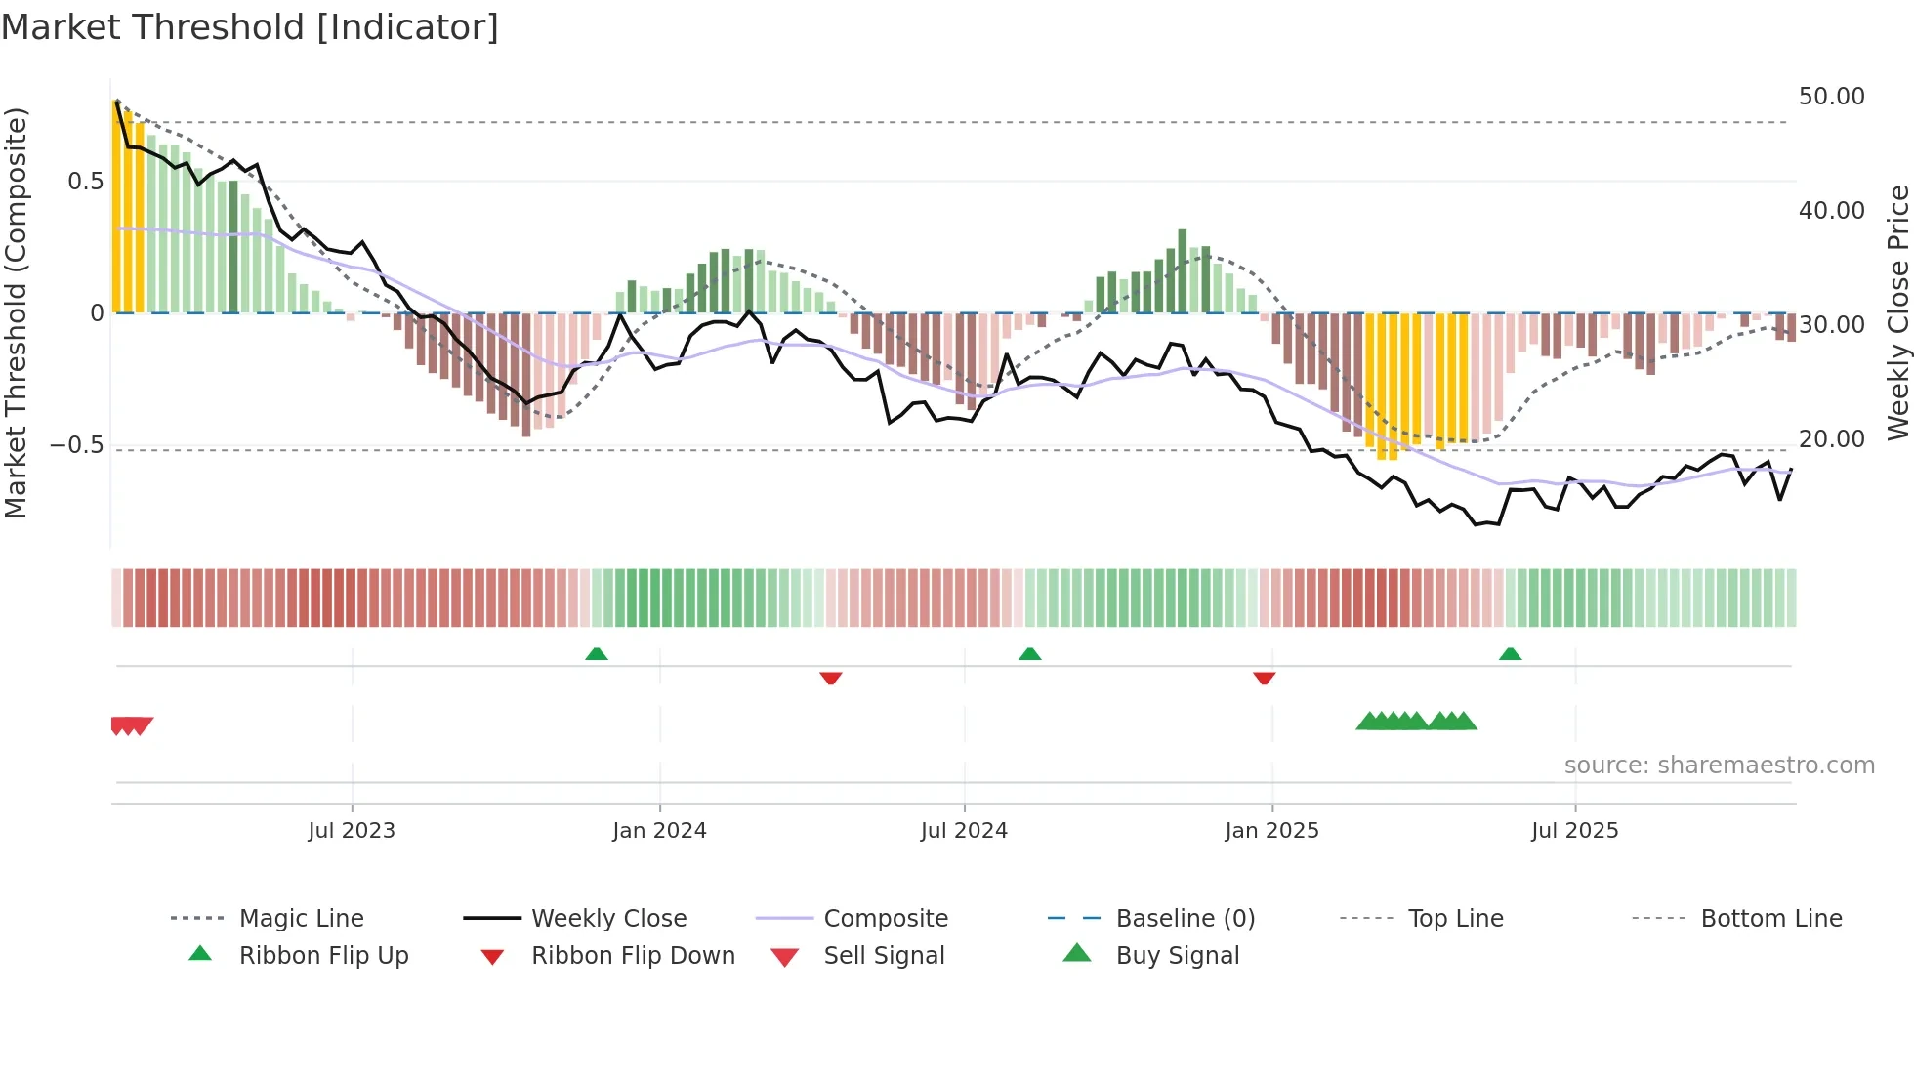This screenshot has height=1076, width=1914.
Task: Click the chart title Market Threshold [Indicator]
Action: pos(250,27)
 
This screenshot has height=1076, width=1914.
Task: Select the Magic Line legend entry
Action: pos(301,919)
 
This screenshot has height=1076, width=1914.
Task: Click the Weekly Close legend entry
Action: pos(608,919)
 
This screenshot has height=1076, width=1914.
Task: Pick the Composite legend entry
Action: pos(885,919)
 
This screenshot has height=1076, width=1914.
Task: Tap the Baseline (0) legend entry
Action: pos(1185,919)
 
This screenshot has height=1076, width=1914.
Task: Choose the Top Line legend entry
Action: pos(1455,919)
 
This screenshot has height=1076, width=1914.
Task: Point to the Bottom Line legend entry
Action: pos(1770,919)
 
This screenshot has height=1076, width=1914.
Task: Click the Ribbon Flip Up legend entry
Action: pos(323,956)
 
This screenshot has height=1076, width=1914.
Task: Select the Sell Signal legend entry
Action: pos(884,956)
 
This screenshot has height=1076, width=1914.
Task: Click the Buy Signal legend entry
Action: pos(1177,956)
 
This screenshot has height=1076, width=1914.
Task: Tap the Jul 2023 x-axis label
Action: pos(352,831)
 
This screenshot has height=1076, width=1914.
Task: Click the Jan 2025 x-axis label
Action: pos(1271,831)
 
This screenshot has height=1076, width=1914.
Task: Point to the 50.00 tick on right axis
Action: pos(1831,97)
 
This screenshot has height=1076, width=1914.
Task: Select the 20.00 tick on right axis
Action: pos(1831,439)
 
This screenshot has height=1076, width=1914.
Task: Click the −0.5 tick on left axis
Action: pos(76,445)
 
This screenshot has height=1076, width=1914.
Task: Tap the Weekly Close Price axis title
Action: pos(1897,312)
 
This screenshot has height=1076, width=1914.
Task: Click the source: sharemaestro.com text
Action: pos(1719,766)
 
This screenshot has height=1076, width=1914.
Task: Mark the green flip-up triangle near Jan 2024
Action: pos(597,654)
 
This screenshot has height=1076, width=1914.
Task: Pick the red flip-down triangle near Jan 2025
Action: pos(1264,678)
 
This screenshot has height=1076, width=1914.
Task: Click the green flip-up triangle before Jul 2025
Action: pos(1510,654)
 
